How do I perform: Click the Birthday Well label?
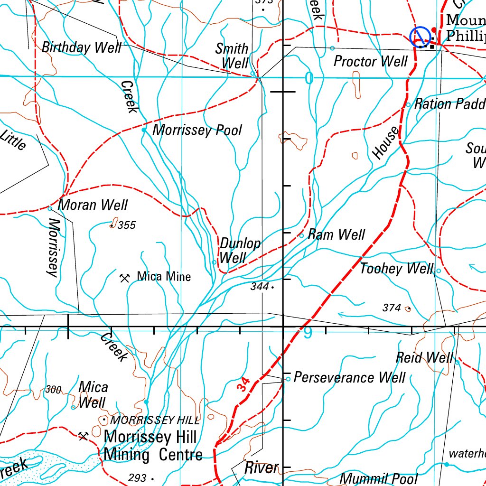(x=81, y=47)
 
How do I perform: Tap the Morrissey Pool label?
(x=197, y=131)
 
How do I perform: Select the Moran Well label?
(x=93, y=205)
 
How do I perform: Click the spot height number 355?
(x=127, y=225)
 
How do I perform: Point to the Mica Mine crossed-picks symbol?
(x=125, y=278)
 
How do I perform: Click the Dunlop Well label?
(x=240, y=251)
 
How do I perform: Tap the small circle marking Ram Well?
(x=301, y=235)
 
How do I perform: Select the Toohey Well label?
(x=396, y=269)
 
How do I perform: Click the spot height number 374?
(x=392, y=308)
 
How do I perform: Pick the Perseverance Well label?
(x=349, y=378)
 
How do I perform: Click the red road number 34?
(x=243, y=384)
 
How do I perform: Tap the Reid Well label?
(x=425, y=357)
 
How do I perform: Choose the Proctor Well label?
(x=371, y=61)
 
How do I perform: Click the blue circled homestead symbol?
(x=420, y=37)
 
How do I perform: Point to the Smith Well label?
(x=233, y=56)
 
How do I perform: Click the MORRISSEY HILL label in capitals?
(x=155, y=420)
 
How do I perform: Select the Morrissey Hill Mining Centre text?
(x=153, y=445)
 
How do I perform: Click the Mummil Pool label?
(x=378, y=478)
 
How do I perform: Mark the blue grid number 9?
(x=308, y=334)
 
